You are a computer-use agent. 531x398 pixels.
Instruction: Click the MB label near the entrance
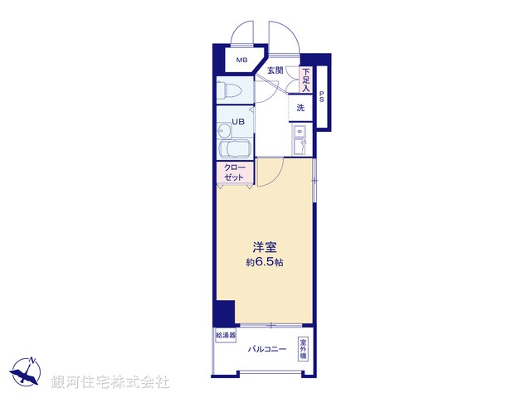(x=241, y=61)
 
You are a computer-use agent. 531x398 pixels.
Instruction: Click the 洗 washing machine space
(x=300, y=108)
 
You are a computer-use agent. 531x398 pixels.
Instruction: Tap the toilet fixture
(x=230, y=90)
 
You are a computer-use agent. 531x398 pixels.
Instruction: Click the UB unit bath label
(x=238, y=122)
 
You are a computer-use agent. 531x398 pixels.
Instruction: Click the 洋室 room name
(x=265, y=247)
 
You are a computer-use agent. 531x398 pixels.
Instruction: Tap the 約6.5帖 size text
(x=265, y=263)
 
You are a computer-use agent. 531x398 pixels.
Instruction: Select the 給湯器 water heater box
(x=226, y=336)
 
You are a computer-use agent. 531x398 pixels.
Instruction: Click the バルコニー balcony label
(x=267, y=349)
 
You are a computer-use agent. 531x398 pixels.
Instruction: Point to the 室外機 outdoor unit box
(x=304, y=347)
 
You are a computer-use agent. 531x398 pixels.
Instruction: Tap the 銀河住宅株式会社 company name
(x=110, y=382)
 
